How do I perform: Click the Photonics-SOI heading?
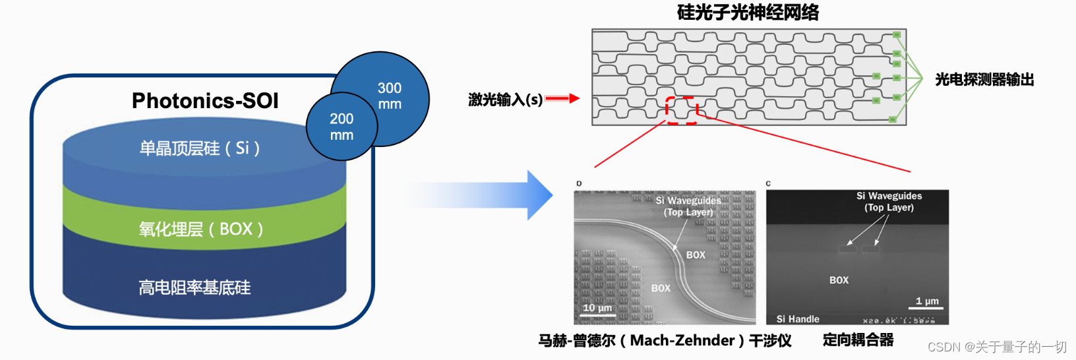coord(205,101)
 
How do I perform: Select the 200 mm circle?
coord(342,127)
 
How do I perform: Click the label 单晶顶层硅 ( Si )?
coord(199,148)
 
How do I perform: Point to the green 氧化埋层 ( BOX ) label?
coord(201,229)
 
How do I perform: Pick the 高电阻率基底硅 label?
coord(194,288)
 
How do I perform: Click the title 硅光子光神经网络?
coord(748,13)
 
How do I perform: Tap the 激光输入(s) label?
coord(505,100)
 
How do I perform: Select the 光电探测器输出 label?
coord(984,80)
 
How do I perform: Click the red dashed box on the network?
coord(681,110)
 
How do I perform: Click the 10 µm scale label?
coord(597,308)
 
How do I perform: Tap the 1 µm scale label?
coord(927,301)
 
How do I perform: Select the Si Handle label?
coord(798,319)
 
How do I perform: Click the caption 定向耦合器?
coord(858,340)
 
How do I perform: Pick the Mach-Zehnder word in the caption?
coord(682,341)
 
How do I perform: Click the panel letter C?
coord(768,183)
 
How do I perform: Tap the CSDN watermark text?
coord(997,347)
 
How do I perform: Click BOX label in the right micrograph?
coord(839,280)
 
